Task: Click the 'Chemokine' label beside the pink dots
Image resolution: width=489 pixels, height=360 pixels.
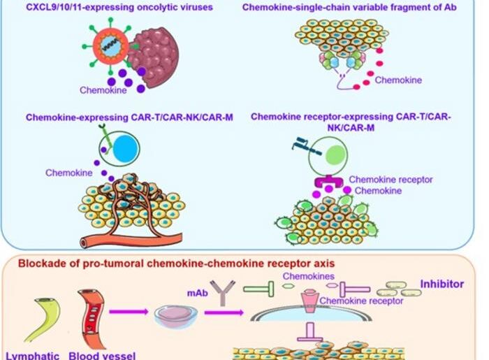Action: point(398,80)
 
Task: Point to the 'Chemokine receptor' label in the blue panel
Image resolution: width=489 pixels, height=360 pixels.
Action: point(391,180)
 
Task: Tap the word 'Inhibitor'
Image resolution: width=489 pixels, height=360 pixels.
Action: point(441,285)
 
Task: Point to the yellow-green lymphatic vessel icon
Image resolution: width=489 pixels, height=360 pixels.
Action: point(45,321)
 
